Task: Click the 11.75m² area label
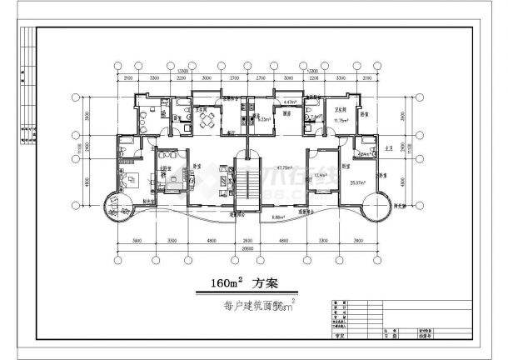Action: (x=340, y=121)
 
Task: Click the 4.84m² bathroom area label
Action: (x=364, y=154)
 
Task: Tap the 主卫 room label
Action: (x=388, y=143)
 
